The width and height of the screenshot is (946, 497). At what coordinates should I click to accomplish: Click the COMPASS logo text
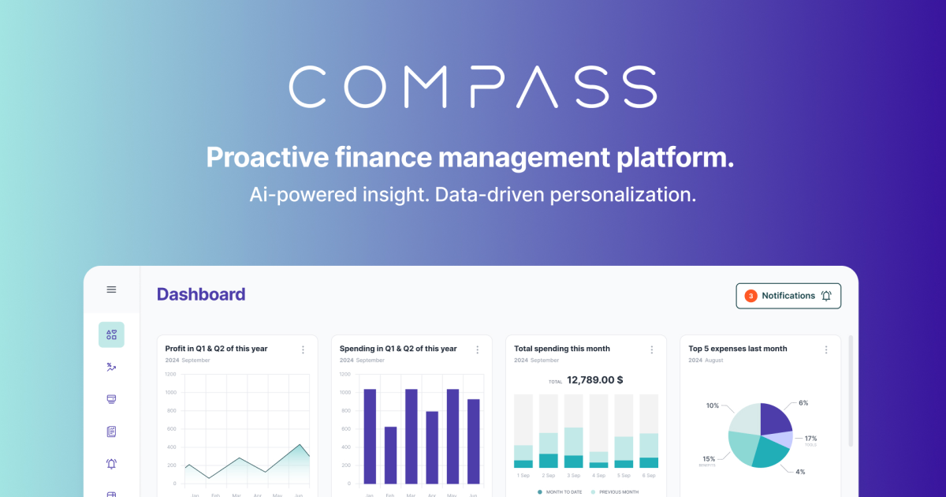click(473, 87)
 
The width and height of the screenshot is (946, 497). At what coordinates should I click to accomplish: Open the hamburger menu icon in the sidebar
click(111, 290)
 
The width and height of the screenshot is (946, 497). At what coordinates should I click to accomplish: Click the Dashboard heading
click(201, 295)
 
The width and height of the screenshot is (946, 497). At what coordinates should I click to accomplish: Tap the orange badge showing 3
click(750, 296)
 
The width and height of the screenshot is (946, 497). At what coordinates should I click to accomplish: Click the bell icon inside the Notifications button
click(826, 296)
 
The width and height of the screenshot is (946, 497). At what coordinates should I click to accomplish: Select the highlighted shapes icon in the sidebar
click(111, 334)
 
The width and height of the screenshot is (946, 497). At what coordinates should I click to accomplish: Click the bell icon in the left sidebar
click(111, 464)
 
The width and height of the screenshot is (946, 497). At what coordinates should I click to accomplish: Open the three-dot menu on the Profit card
click(303, 349)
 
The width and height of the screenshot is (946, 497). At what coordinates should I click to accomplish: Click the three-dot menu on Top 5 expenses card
click(826, 349)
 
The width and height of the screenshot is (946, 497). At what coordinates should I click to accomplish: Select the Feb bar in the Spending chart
click(390, 455)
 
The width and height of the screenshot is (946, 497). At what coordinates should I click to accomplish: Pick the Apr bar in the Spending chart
click(432, 447)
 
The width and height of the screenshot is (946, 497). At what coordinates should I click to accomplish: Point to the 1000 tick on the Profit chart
click(171, 392)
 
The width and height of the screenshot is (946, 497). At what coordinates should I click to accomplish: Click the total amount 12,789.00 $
click(595, 380)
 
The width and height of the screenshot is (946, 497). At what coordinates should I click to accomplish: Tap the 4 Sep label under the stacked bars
click(599, 476)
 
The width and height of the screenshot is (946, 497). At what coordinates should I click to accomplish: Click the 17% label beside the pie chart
click(810, 439)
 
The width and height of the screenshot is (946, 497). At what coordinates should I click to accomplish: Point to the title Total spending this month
click(562, 349)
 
